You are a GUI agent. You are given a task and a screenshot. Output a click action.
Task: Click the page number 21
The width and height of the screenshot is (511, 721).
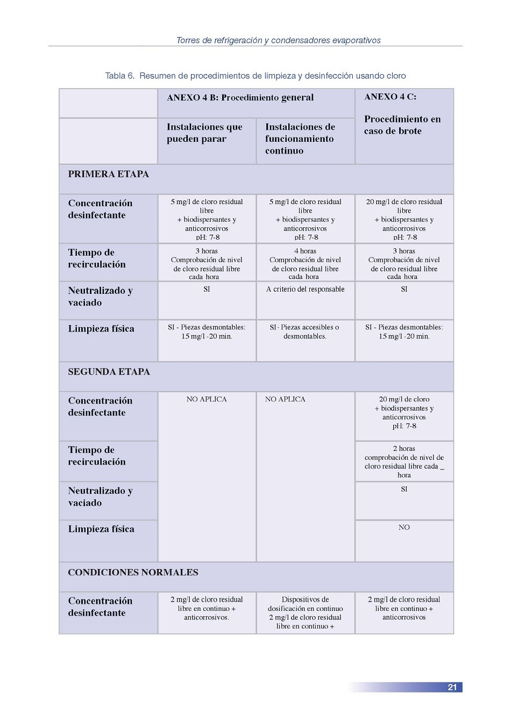coord(452,687)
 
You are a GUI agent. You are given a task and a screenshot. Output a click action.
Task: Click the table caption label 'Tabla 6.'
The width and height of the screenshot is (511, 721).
coord(120,76)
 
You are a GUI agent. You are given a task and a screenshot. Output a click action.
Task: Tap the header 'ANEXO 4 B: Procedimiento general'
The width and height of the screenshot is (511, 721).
coord(240,98)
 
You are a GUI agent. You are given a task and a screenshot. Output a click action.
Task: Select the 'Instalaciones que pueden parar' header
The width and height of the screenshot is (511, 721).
coord(204,133)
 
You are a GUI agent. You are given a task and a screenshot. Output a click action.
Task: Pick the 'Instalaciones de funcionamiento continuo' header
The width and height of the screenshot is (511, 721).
coord(300,139)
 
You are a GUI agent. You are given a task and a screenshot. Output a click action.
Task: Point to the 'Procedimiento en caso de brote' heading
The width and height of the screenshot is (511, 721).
coord(402,125)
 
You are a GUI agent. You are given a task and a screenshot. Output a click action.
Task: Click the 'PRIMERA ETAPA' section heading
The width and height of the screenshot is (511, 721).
coord(108,174)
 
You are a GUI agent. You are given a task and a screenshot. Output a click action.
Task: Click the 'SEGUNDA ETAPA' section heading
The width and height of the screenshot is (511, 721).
coord(109,372)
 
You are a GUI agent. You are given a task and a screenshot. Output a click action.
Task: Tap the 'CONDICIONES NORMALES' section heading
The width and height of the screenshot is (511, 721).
coord(133,572)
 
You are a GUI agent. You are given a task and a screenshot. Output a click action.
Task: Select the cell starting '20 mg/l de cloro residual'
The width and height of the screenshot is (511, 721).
coord(404,219)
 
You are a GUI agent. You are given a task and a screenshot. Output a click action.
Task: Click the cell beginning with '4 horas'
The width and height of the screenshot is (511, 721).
coord(305,263)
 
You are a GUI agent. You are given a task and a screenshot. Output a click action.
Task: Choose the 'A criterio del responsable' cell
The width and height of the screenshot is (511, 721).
coord(305,289)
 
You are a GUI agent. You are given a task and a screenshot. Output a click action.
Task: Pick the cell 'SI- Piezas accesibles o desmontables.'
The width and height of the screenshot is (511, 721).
coord(305,331)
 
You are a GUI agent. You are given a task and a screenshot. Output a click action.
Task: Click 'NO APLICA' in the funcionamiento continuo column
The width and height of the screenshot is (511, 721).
coord(285,399)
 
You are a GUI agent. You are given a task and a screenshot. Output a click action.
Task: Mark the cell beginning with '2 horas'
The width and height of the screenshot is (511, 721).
coord(404,462)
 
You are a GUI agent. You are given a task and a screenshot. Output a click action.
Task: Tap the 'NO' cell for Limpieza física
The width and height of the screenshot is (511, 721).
coord(404,527)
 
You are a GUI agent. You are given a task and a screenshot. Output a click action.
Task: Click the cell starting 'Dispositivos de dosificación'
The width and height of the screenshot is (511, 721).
coord(305,612)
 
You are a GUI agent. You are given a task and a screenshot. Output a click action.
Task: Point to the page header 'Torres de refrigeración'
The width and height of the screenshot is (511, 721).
coord(278,40)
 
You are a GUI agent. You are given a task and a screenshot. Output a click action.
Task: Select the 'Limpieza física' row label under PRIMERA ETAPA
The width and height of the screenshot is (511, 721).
coord(101,329)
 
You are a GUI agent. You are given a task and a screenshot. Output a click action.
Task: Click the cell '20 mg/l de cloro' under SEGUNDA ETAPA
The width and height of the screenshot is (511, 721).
coord(404,412)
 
